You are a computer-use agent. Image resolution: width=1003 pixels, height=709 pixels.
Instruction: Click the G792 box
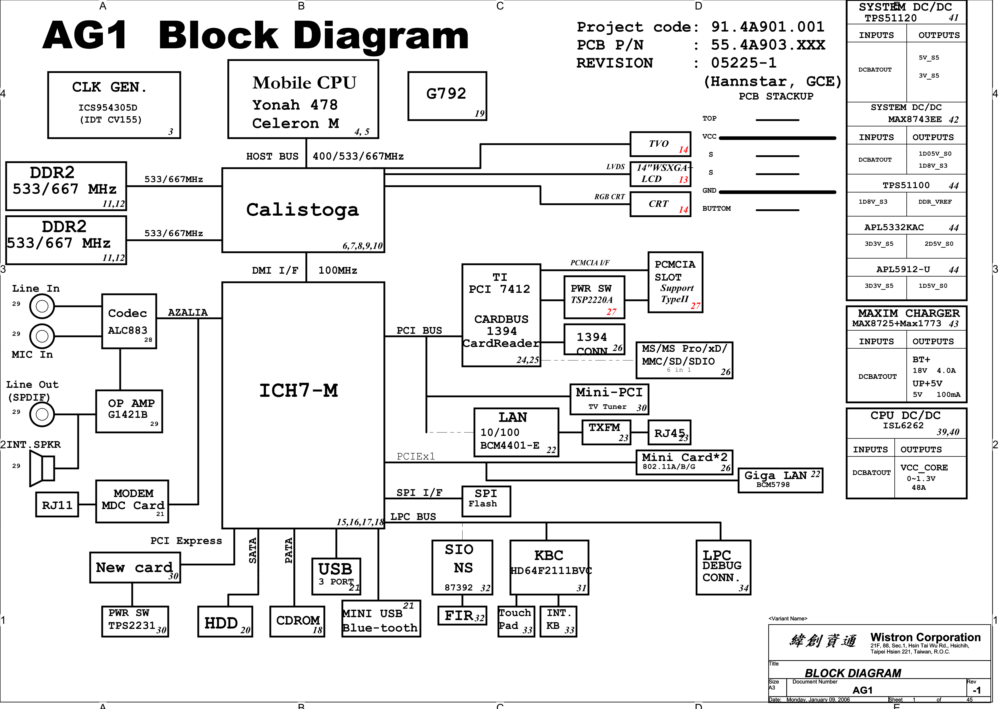coord(447,96)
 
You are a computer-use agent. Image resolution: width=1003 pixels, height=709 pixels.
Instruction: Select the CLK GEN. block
coord(114,105)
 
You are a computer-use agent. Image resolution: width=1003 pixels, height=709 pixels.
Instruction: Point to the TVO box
coord(660,144)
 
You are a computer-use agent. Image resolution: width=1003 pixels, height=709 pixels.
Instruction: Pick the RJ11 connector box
coord(57,505)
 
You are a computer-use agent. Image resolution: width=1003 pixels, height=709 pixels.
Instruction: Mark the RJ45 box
coord(669,432)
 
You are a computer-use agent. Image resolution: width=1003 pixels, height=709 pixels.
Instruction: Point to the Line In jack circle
coord(42,306)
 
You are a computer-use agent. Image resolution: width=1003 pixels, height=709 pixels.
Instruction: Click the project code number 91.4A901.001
coord(767,27)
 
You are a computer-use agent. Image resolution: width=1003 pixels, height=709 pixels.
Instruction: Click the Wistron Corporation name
coord(925,637)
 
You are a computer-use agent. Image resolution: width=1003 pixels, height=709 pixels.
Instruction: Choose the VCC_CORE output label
coord(924,467)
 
